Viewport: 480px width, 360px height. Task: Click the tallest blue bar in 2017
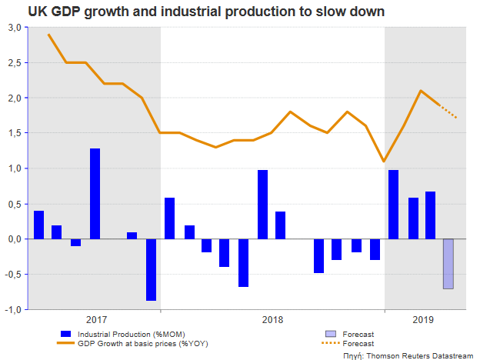(x=95, y=193)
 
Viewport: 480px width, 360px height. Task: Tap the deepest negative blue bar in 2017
(x=151, y=269)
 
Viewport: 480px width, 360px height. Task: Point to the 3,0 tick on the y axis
(x=14, y=27)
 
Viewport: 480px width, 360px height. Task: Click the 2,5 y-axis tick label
(x=14, y=63)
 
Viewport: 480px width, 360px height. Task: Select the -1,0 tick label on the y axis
(x=13, y=309)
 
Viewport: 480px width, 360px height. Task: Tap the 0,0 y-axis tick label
(x=14, y=239)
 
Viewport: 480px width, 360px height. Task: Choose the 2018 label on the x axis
(x=272, y=319)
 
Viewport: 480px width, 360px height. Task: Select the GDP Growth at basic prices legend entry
(x=134, y=343)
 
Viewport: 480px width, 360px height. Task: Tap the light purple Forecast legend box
(x=331, y=334)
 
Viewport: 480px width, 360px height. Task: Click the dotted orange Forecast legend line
(x=331, y=343)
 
